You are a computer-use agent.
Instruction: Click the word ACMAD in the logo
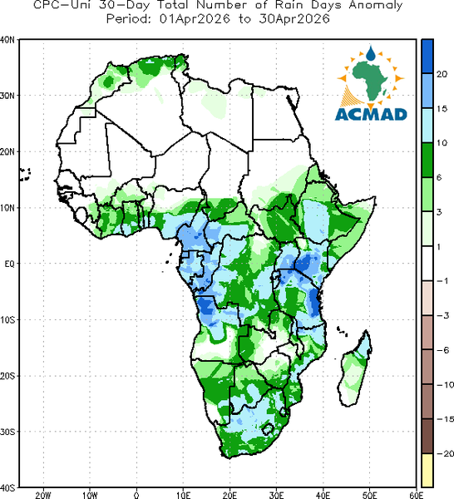[371, 115]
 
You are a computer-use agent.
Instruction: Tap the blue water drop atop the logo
[371, 53]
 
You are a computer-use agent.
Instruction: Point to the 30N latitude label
[7, 96]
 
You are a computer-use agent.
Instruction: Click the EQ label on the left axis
[9, 264]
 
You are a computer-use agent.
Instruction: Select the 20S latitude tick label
[7, 376]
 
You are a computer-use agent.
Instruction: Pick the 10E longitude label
[183, 495]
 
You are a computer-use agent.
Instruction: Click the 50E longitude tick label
[369, 495]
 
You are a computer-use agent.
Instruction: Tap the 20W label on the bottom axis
[43, 495]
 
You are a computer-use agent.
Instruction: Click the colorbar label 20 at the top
[442, 74]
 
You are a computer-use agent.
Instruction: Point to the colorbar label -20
[445, 453]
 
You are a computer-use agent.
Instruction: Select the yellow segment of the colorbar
[427, 471]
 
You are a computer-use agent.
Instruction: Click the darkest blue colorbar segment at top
[427, 57]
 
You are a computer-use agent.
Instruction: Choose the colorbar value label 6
[439, 178]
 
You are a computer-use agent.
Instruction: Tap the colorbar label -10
[445, 385]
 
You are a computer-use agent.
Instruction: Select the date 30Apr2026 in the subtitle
[294, 19]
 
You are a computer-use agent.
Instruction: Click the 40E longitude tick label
[323, 495]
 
